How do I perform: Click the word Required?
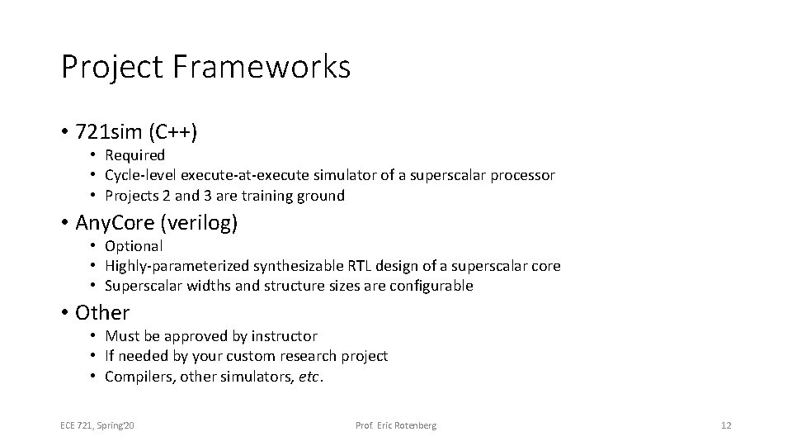coord(134,155)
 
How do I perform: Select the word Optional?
coord(134,246)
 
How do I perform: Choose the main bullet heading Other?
coord(102,313)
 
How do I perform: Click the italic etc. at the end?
coord(309,377)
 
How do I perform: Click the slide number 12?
coord(725,425)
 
